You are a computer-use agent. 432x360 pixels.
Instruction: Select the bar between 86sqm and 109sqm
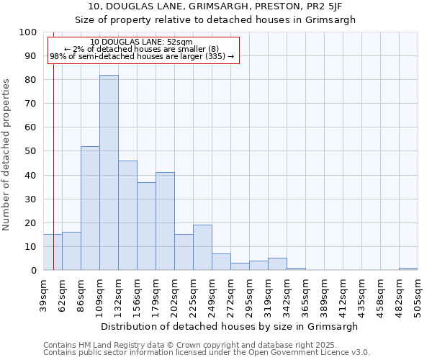(90, 208)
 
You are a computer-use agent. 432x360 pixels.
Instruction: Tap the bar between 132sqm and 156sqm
(127, 215)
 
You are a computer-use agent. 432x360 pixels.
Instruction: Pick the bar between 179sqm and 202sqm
(165, 221)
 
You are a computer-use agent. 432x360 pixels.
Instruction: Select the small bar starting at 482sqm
(408, 269)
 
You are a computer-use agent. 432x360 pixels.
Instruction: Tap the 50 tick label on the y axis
(30, 151)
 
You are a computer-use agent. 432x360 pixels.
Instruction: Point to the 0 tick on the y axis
(33, 270)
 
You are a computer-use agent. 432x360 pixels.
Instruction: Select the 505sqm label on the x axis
(418, 294)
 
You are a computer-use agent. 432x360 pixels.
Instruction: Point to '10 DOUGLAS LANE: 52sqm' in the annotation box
(142, 42)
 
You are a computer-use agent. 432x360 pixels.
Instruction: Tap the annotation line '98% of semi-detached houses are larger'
(142, 56)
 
